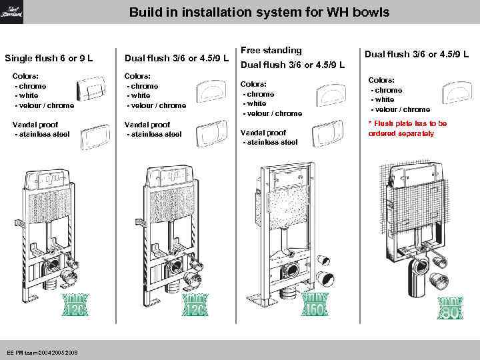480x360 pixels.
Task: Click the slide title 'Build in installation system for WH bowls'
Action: [259, 12]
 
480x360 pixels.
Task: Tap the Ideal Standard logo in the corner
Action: [12, 11]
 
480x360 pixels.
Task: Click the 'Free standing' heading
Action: [271, 50]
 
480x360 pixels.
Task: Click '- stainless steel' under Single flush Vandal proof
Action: [42, 135]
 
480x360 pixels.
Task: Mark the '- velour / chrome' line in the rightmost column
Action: [400, 109]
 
